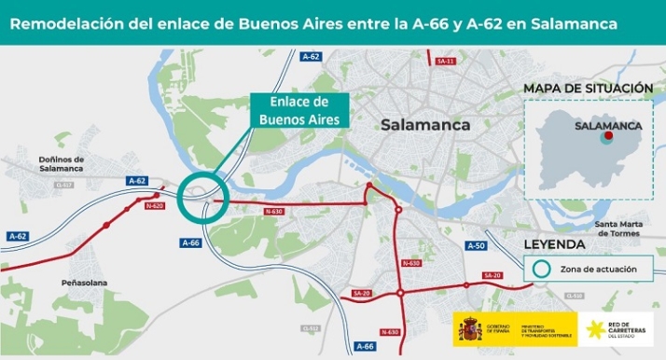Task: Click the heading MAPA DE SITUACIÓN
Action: click(588, 88)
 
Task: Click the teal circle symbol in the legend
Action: click(541, 269)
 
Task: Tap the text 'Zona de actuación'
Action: click(599, 269)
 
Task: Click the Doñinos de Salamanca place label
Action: click(56, 163)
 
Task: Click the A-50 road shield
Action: click(476, 245)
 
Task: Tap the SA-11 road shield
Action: click(445, 61)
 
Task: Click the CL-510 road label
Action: click(574, 296)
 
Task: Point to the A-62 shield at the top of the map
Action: click(311, 57)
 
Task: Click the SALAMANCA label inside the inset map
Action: click(609, 124)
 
